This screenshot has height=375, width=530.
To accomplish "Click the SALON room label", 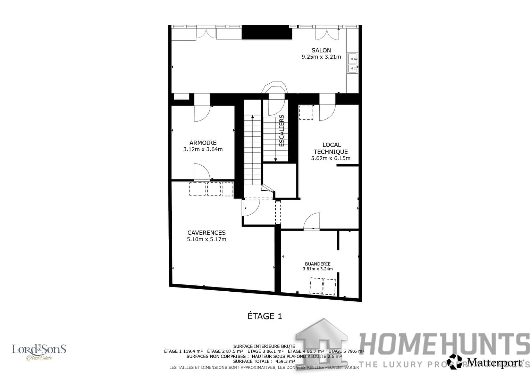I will tap(321, 50).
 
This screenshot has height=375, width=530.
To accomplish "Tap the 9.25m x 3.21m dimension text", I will tap(321, 57).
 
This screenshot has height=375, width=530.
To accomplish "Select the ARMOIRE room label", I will tap(203, 143).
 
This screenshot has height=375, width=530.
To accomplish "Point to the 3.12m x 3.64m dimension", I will tap(203, 149).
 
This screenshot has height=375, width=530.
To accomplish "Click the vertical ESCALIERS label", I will tap(281, 131).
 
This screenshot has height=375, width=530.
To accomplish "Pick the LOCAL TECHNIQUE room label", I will tap(331, 148).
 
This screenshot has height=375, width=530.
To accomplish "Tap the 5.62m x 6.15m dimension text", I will tap(331, 158).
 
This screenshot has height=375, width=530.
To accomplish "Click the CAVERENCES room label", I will tap(206, 233).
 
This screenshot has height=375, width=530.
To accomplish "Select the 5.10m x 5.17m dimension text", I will tap(206, 239).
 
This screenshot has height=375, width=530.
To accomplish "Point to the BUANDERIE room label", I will tap(318, 264).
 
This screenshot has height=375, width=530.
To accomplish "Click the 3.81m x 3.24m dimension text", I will tap(318, 269).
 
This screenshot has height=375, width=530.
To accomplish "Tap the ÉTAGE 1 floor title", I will tap(264, 316).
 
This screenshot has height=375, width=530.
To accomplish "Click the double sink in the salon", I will tap(353, 64).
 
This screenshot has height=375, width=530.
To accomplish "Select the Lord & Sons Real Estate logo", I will tap(39, 352).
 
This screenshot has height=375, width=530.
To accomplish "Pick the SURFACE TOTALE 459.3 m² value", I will tap(264, 361).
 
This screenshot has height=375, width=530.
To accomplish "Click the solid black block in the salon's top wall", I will tap(267, 33).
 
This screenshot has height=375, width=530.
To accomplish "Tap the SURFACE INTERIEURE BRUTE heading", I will tap(264, 346).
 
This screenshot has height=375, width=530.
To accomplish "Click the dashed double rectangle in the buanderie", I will tap(323, 286).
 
